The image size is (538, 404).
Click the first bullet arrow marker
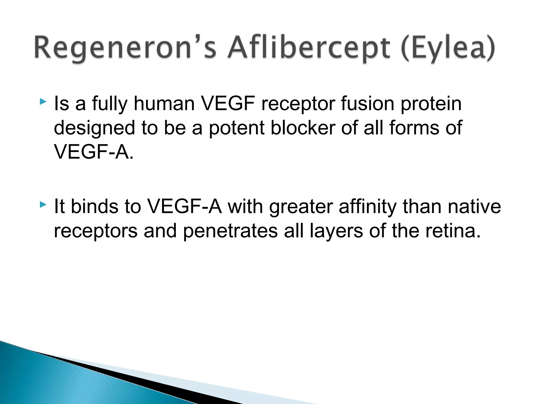[43, 102]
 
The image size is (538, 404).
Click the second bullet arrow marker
[43, 204]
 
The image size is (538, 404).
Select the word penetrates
[230, 231]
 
